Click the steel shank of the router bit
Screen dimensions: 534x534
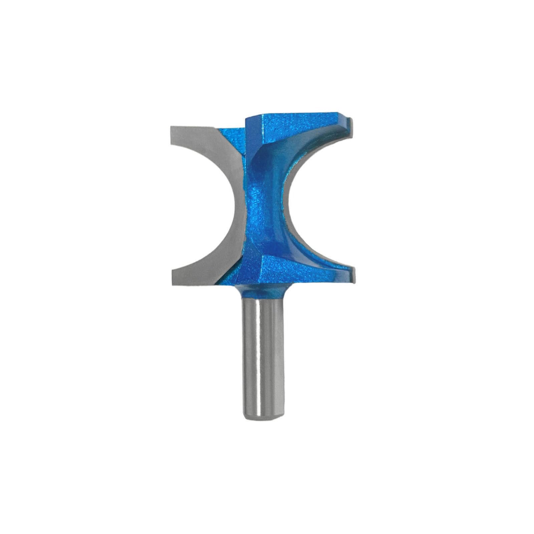[263, 354]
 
